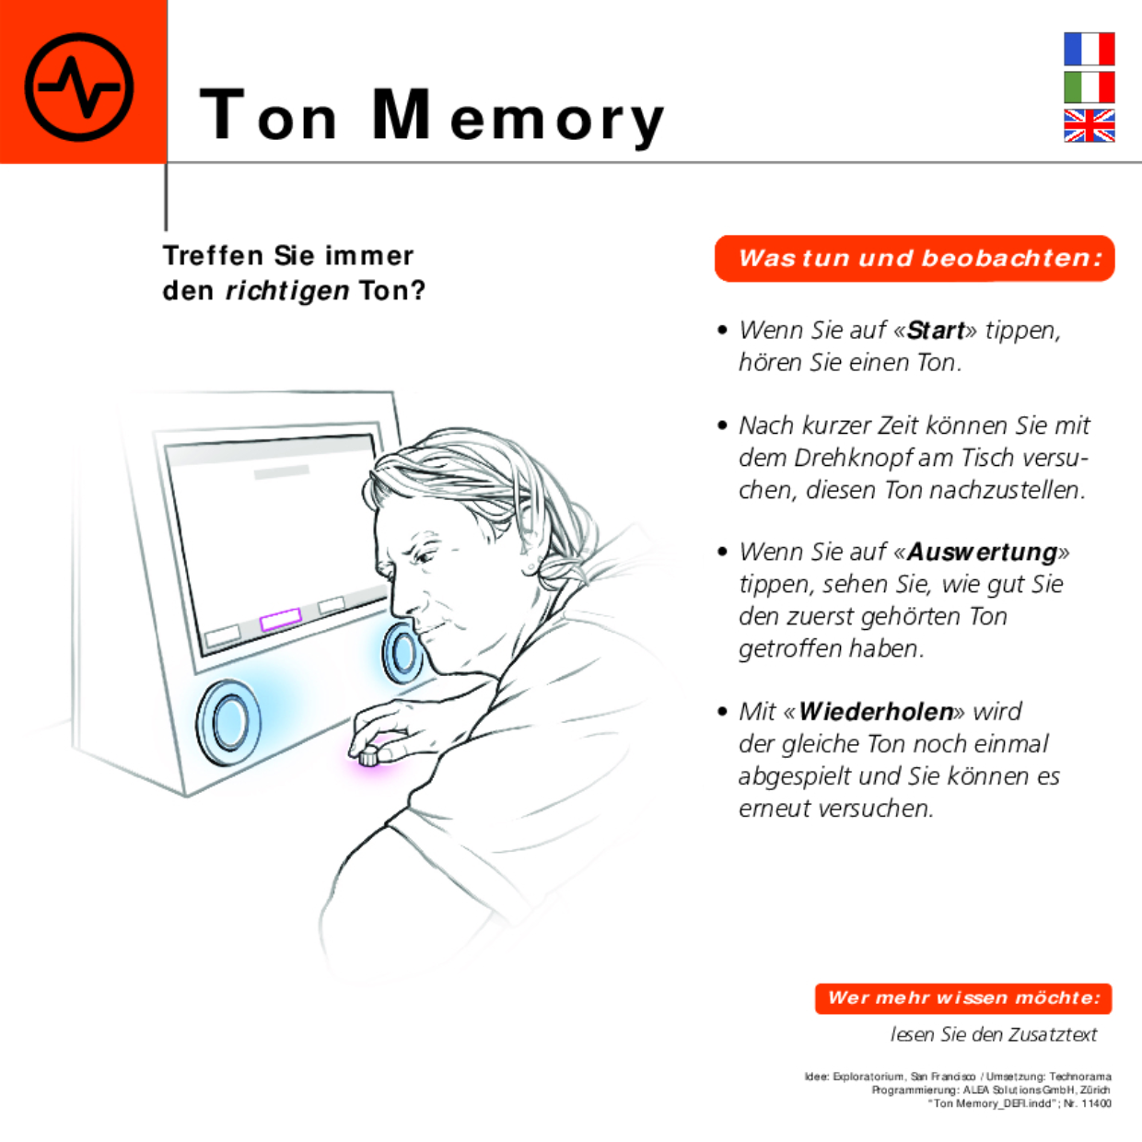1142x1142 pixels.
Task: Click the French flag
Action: coord(1089,49)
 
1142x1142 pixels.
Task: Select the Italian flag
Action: coord(1089,87)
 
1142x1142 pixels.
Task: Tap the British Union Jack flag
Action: coord(1089,125)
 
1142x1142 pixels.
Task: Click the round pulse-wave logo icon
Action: coord(79,87)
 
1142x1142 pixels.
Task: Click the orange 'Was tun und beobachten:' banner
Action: coord(915,259)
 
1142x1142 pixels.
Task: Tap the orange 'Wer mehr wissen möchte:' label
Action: coord(962,998)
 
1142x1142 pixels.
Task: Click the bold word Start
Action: coord(936,331)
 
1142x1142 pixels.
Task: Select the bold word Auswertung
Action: coord(982,553)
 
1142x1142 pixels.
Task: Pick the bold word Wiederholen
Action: coord(876,712)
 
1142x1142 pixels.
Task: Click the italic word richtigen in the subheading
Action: coord(287,291)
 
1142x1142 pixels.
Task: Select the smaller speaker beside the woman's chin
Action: coord(402,652)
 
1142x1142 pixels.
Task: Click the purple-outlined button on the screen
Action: coord(281,620)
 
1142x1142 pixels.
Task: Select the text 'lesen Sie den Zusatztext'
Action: coord(994,1035)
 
